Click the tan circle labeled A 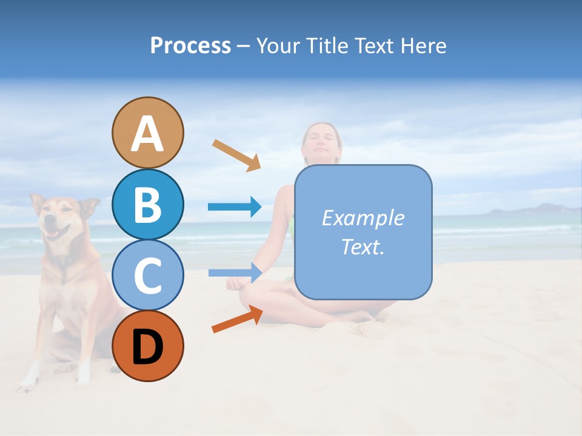(x=147, y=133)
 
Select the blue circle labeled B (x=147, y=205)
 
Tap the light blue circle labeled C (x=147, y=276)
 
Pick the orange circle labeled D (x=147, y=346)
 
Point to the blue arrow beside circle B (x=235, y=207)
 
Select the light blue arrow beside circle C (x=235, y=272)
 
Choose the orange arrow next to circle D (x=237, y=319)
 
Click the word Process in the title (x=190, y=45)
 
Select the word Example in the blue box (x=363, y=218)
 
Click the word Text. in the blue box (x=363, y=246)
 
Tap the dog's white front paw (x=27, y=381)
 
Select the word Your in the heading (x=277, y=45)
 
